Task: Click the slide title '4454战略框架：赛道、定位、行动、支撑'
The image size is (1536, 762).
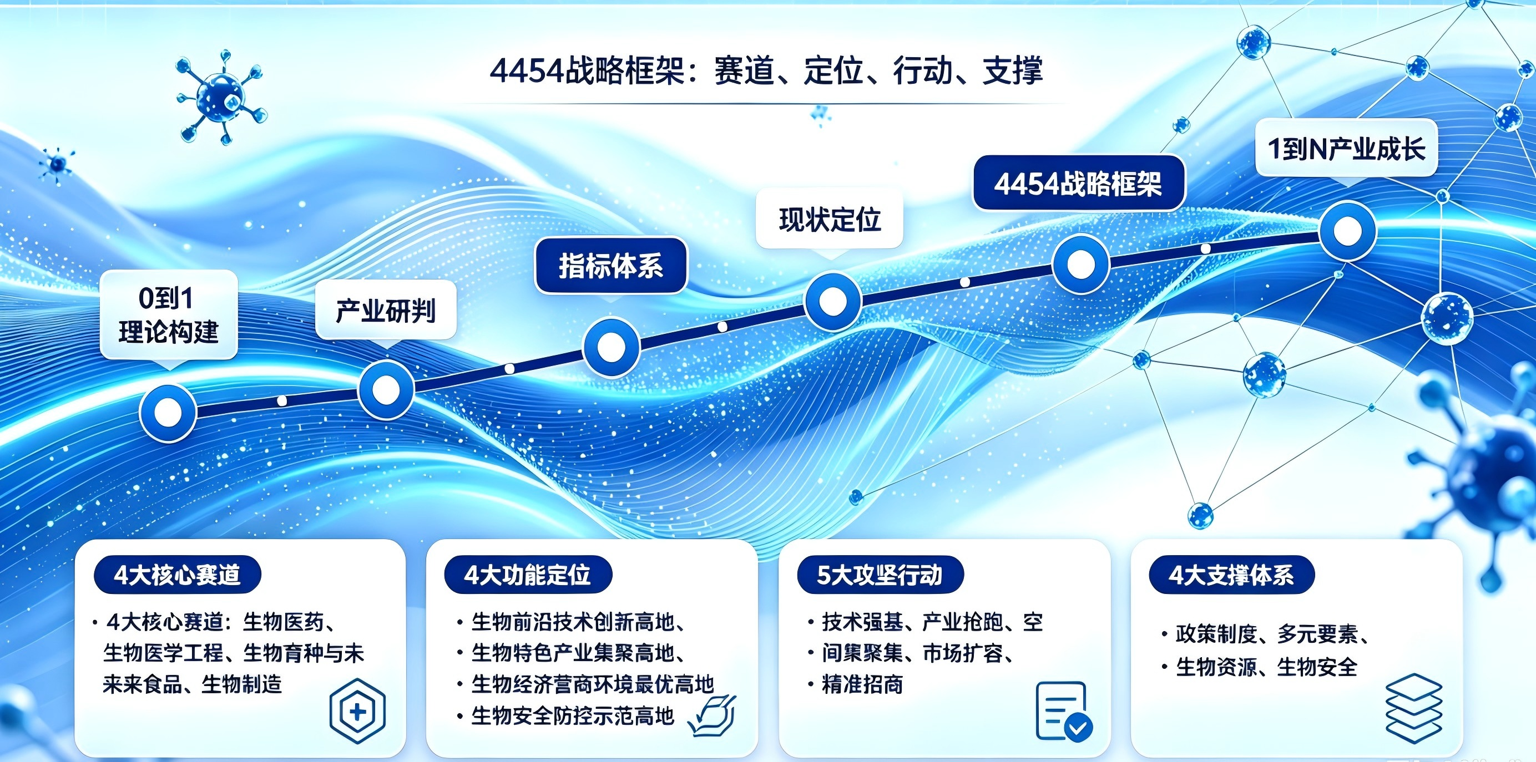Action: tap(766, 71)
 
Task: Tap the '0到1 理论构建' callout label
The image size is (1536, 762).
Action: tap(169, 314)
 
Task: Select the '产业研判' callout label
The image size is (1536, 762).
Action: tap(386, 311)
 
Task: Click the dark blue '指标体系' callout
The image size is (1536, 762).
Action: tap(610, 266)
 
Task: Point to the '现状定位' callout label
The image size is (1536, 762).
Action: tap(830, 219)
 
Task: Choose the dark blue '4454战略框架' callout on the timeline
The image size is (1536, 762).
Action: tap(1078, 184)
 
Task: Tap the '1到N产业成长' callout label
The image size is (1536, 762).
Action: tap(1346, 148)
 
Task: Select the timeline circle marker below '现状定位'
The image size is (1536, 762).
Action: tap(833, 302)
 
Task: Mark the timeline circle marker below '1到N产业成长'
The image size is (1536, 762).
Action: tap(1347, 231)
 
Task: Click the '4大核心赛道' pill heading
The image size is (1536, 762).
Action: tap(177, 575)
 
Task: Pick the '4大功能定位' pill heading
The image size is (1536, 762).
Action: tap(528, 575)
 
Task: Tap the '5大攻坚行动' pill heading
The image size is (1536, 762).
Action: tap(880, 575)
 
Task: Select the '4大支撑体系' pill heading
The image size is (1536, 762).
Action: tap(1232, 575)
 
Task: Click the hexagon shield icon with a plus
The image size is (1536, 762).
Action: tap(357, 711)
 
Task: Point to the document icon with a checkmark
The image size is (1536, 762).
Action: tap(1064, 712)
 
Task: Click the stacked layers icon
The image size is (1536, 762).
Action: tap(1414, 708)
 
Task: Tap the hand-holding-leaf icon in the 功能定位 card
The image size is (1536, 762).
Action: tap(712, 715)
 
